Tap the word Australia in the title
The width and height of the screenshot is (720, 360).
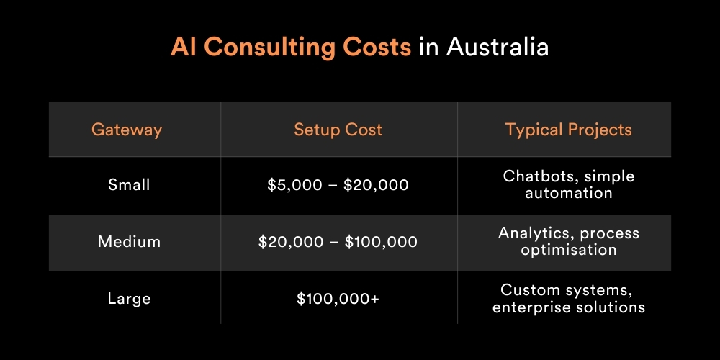[498, 46]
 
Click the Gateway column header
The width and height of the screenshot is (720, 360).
[127, 130]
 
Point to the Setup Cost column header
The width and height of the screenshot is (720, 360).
[338, 130]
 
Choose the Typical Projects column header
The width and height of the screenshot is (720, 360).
[569, 130]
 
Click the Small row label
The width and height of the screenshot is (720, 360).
[129, 184]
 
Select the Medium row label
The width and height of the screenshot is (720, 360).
[129, 241]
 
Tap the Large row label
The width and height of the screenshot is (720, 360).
[129, 299]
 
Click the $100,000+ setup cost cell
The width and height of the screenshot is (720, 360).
[338, 299]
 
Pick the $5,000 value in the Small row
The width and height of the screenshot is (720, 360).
[294, 185]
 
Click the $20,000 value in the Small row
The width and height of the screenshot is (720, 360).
[376, 185]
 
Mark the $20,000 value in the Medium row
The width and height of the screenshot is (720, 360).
[291, 242]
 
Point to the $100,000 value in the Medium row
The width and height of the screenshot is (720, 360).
[381, 242]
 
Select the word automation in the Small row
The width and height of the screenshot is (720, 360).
[569, 193]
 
